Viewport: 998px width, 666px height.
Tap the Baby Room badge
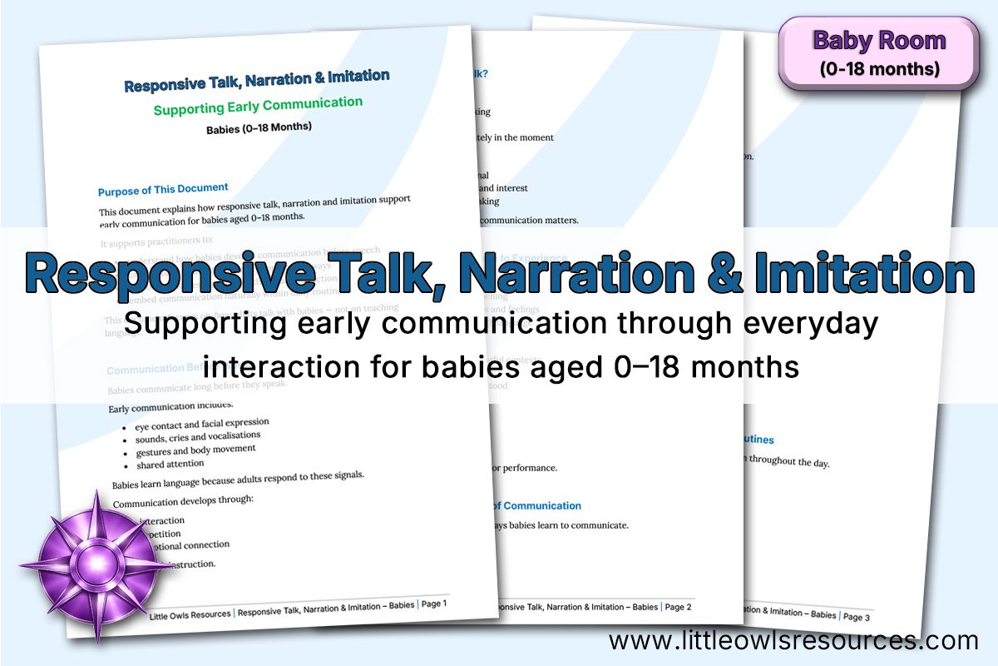[878, 52]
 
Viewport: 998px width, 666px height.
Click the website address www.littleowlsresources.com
[793, 641]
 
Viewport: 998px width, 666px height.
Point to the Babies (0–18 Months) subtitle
[259, 128]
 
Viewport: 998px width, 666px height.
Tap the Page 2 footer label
[678, 607]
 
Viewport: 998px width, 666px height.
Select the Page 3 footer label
[856, 617]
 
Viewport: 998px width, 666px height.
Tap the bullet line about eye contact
[202, 424]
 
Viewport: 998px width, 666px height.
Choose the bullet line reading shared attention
[170, 465]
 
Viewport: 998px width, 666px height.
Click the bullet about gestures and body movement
[195, 450]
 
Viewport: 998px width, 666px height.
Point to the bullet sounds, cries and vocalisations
[198, 437]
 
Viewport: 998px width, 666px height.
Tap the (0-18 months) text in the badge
[879, 69]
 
